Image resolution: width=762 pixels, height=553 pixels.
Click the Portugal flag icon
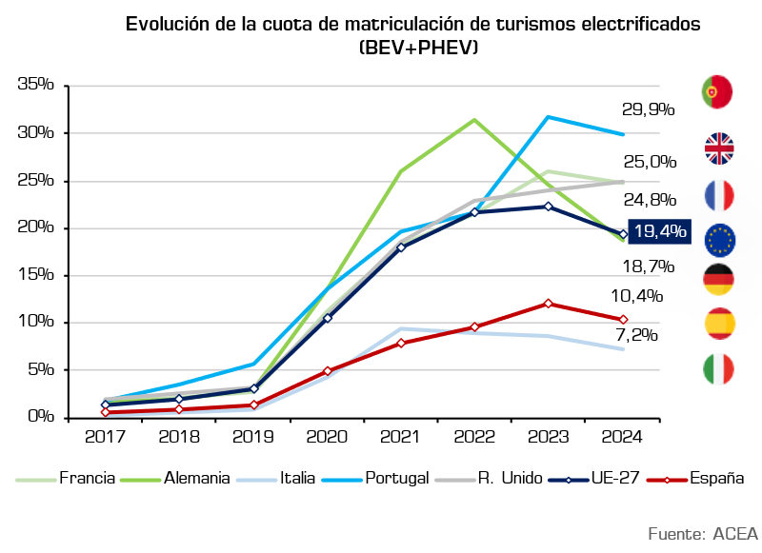click(x=717, y=91)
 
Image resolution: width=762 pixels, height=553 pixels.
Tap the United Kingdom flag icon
click(x=719, y=148)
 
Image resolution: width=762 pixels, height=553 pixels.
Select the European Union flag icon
click(x=720, y=240)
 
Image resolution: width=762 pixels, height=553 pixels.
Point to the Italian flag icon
click(x=718, y=369)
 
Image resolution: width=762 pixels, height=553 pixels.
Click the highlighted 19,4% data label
click(x=659, y=231)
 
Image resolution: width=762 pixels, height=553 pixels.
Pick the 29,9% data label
click(x=649, y=109)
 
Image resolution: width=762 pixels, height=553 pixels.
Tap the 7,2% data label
click(x=636, y=334)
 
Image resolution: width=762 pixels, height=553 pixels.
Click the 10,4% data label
click(x=636, y=296)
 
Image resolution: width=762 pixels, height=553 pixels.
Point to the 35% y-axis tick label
click(x=36, y=84)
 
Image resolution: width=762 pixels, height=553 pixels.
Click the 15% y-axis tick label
click(x=36, y=274)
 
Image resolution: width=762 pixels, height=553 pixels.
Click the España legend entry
click(x=695, y=478)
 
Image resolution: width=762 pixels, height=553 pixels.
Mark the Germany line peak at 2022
click(x=474, y=119)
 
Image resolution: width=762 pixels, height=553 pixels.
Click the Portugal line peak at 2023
click(x=549, y=117)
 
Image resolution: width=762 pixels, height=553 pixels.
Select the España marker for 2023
click(x=549, y=304)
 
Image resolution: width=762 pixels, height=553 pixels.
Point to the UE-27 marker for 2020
click(x=328, y=318)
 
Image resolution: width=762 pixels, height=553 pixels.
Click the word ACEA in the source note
click(x=735, y=534)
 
